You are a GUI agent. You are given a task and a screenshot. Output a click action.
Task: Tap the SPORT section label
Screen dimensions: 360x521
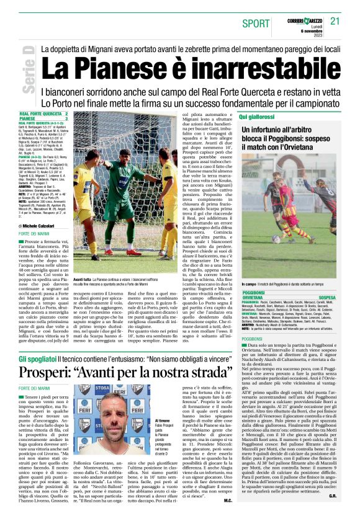pos(256,24)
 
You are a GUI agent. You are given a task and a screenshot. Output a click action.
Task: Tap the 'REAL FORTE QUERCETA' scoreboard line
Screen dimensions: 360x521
pos(41,114)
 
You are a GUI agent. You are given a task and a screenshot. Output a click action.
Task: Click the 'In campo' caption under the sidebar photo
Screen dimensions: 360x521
pos(248,284)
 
